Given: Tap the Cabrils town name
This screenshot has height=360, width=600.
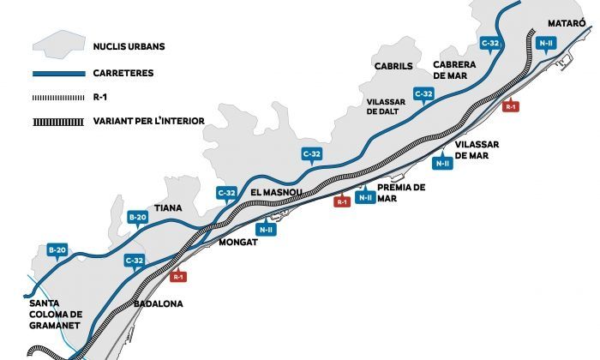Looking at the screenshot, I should coord(393,65).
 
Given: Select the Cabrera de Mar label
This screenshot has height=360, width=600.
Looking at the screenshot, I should coord(455,69).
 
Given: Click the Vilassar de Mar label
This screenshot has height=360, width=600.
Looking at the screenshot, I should coord(479,151).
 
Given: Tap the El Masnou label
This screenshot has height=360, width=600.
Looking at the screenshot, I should coord(275,194).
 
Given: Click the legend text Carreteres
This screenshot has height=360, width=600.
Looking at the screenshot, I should coord(123,74).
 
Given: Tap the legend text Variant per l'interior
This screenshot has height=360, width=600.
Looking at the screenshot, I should coord(147,121).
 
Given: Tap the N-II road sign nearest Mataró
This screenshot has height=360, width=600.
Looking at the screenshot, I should coord(544,42).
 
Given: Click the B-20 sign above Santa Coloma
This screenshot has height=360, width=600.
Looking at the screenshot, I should coord(57,250).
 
